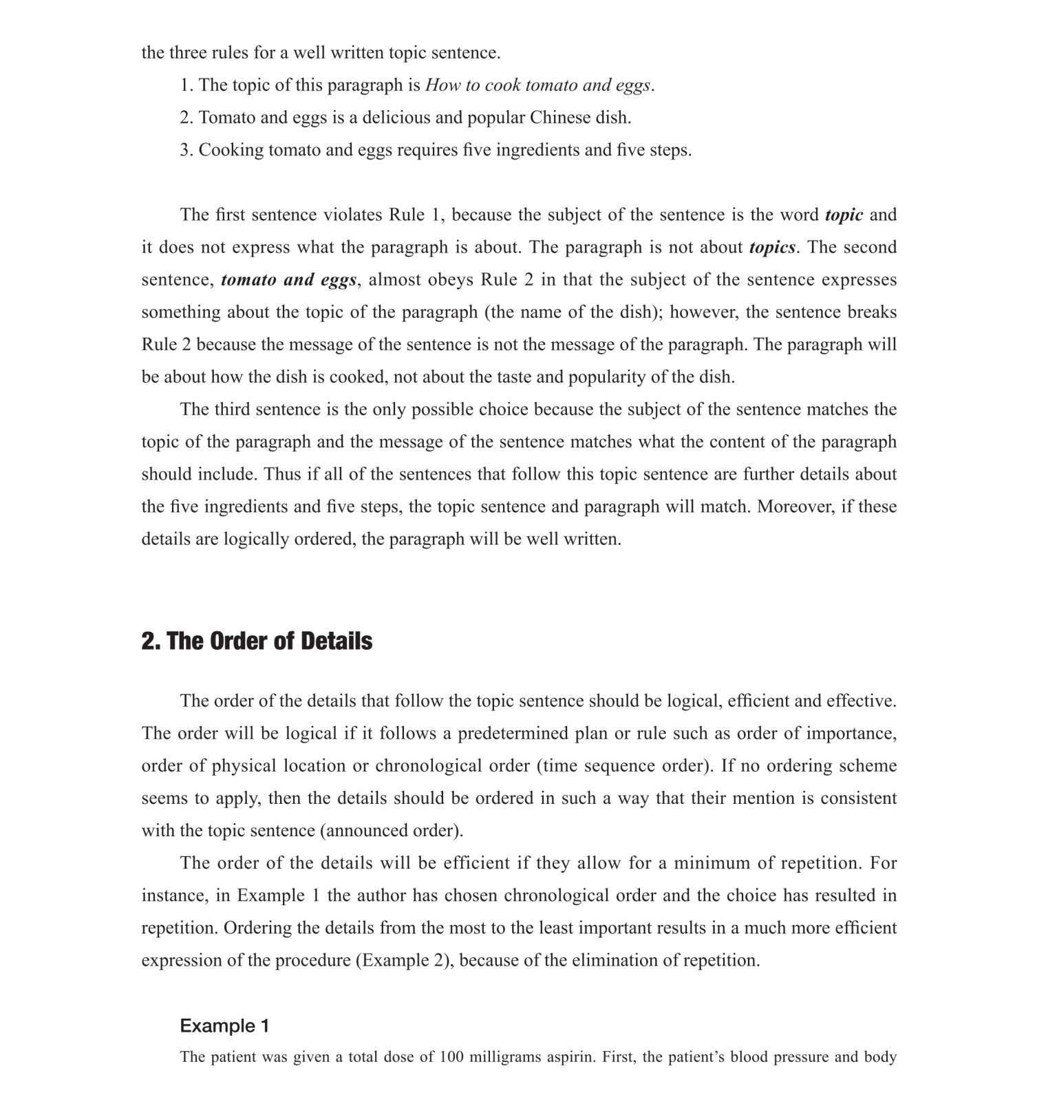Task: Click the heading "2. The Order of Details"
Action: (x=257, y=641)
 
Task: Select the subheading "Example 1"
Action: (x=224, y=1026)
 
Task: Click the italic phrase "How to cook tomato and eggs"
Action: (x=537, y=85)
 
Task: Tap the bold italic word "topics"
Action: (x=772, y=247)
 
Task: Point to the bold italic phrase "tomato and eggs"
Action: (x=289, y=279)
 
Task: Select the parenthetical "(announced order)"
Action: (x=392, y=831)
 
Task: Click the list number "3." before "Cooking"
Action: (x=186, y=150)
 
